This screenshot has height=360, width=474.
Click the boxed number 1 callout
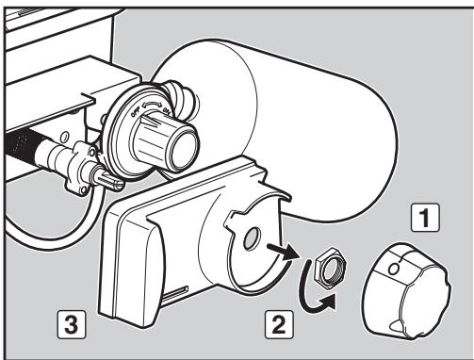425,218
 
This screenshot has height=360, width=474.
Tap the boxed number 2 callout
279,324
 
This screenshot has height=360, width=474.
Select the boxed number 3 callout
72,324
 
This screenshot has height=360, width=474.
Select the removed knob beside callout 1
407,290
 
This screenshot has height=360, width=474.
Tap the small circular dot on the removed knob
394,269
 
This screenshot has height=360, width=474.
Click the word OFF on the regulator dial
136,112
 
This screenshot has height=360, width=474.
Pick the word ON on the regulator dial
166,111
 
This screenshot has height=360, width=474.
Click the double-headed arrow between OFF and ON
152,106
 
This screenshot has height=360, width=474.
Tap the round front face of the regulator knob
184,148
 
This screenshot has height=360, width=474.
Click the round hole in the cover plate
252,238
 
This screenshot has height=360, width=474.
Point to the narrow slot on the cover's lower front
175,292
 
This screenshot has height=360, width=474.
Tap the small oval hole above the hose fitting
64,137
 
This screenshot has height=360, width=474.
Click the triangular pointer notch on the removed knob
396,326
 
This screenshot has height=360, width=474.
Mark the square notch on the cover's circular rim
233,221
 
